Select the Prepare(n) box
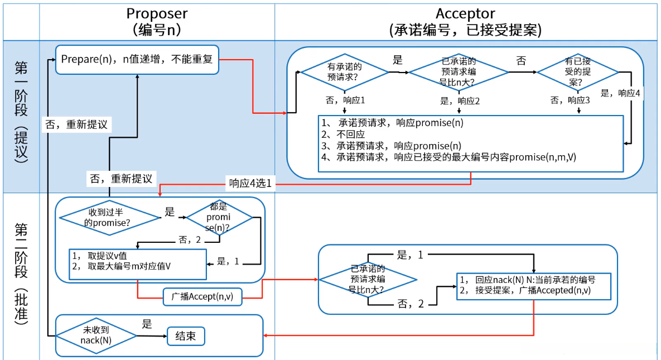[x=137, y=59]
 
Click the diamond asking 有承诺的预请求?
[x=344, y=72]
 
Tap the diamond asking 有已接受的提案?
[x=578, y=72]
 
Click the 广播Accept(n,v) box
[x=202, y=297]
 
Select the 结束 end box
[x=186, y=336]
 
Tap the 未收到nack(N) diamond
[x=97, y=335]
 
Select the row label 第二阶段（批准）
[x=21, y=273]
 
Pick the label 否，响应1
[x=345, y=100]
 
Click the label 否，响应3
[x=570, y=100]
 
